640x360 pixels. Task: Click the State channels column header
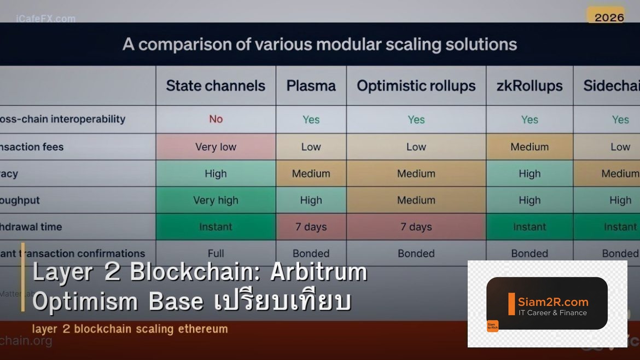[x=216, y=86]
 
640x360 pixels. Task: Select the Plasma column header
[x=311, y=86]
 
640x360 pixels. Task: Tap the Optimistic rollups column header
[x=416, y=86]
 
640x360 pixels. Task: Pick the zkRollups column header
[x=529, y=86]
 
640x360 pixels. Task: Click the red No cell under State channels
[x=216, y=119]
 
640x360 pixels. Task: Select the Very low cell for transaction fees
[x=216, y=147]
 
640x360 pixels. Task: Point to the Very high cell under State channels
[x=216, y=200]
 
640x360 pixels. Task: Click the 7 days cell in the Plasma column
[x=311, y=227]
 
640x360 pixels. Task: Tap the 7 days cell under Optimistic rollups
[x=416, y=227]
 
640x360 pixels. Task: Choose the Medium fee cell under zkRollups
[x=529, y=147]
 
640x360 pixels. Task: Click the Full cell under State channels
[x=216, y=253]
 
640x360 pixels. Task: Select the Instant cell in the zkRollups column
[x=529, y=227]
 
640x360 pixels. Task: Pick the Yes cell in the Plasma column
[x=311, y=119]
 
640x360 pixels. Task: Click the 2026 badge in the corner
[x=609, y=18]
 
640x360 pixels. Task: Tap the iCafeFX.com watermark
[x=46, y=19]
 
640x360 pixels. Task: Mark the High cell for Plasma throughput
[x=311, y=200]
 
